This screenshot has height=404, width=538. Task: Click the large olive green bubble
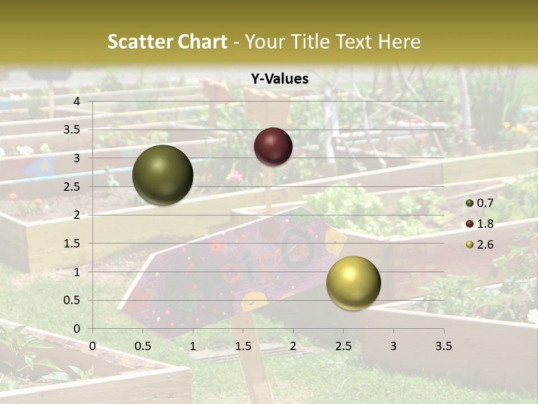pos(163,175)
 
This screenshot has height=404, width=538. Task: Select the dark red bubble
pos(273,146)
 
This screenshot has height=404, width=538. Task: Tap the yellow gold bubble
pos(353,283)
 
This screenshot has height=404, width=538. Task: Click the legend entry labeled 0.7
pos(480,203)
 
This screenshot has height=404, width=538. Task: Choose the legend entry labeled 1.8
pos(480,224)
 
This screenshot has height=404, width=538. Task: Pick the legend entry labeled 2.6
pos(480,245)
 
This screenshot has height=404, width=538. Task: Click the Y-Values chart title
pos(279,79)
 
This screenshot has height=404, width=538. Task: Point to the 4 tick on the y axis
pos(77,102)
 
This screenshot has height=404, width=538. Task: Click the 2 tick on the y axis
pos(77,215)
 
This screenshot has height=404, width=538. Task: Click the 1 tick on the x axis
pos(193,346)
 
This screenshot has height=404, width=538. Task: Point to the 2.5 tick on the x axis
pos(343,346)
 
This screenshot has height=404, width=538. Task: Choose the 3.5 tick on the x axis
pos(443,346)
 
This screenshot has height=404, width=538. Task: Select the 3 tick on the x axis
pos(393,346)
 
